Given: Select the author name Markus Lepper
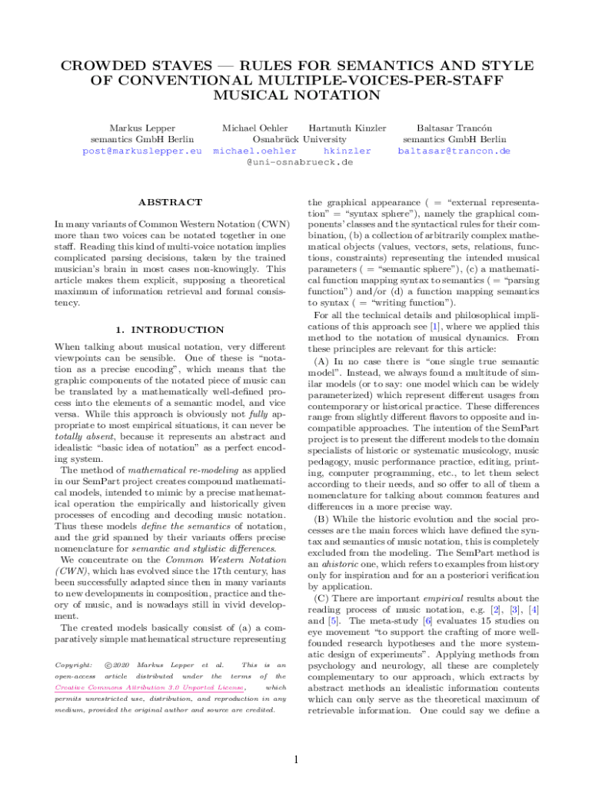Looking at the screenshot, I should (x=142, y=128).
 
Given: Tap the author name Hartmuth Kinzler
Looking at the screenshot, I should (x=347, y=128).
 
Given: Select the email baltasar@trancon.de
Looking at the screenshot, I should (x=454, y=151).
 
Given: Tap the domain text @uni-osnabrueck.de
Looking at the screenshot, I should (x=299, y=163).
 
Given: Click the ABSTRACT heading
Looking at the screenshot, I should (x=170, y=202).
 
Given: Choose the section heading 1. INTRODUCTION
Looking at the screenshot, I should (x=170, y=330).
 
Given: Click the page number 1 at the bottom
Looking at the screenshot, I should (x=296, y=760).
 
